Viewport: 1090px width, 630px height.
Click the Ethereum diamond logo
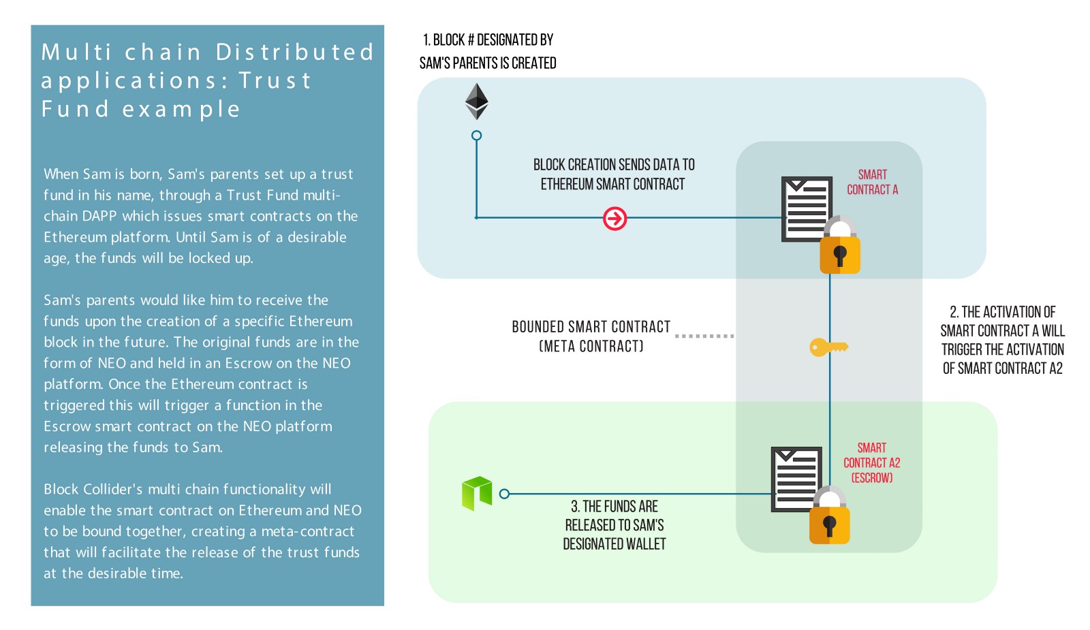tap(476, 101)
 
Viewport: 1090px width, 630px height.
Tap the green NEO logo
tap(477, 493)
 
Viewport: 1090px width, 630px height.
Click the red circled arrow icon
tap(614, 219)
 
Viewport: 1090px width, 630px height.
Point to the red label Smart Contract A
tap(872, 182)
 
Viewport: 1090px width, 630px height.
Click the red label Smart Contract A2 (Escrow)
tap(871, 462)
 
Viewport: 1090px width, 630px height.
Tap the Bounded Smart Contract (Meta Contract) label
tap(591, 336)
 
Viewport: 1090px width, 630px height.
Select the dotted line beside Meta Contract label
tap(704, 336)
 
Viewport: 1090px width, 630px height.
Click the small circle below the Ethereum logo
tap(477, 136)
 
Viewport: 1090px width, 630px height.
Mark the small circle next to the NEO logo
tap(504, 494)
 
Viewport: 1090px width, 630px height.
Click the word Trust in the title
tap(275, 80)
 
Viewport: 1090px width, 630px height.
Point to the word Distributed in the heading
tap(295, 52)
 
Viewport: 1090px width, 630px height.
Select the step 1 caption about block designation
tap(488, 51)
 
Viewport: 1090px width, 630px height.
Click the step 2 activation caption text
tap(1002, 340)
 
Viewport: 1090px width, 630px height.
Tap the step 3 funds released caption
tap(614, 525)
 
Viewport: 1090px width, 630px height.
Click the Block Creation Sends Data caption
tap(613, 174)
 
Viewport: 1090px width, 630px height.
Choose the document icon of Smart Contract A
tap(806, 208)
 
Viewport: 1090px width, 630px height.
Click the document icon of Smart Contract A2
tap(795, 478)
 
